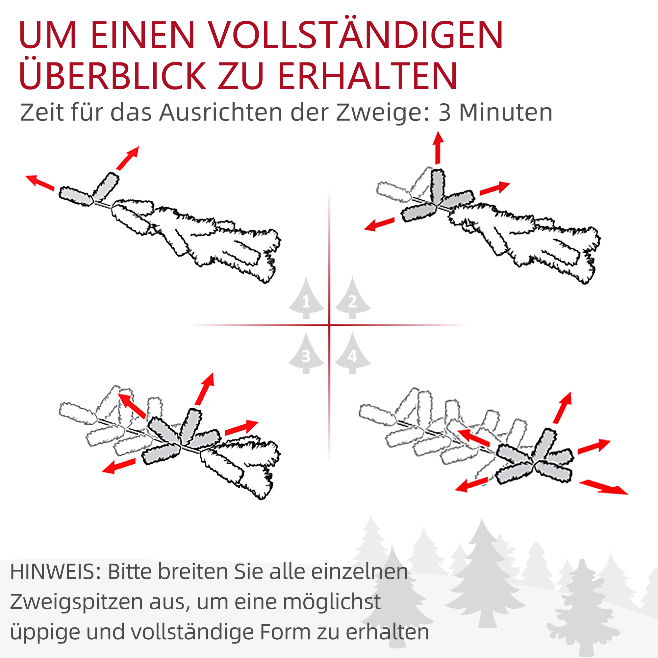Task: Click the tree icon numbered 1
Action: tap(306, 299)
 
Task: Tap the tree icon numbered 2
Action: tap(352, 299)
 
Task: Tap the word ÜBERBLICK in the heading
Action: tap(113, 76)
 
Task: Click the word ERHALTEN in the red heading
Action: tap(367, 76)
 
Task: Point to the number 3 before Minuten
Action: tap(444, 113)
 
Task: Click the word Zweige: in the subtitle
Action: tap(383, 113)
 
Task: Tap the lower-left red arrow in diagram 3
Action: tap(119, 466)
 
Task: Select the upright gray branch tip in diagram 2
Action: tap(437, 186)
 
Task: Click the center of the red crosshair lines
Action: tap(329, 325)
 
